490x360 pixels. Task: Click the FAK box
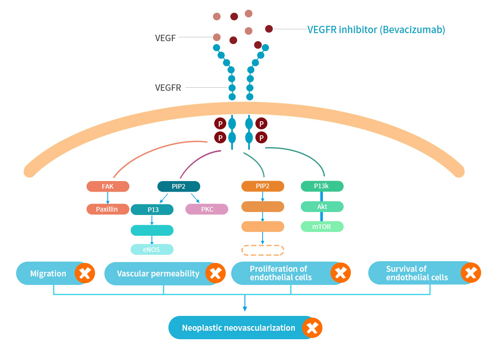(x=108, y=186)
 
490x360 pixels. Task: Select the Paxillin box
(x=108, y=209)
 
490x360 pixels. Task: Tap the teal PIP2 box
(x=179, y=186)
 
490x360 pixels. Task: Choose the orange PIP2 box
(x=263, y=186)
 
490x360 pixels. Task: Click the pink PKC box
(x=207, y=209)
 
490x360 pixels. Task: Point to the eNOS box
(x=152, y=249)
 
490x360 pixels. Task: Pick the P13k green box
(x=322, y=186)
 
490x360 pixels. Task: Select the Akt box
(x=322, y=207)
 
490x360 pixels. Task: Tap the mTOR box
(x=322, y=226)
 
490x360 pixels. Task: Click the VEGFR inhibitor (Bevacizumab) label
(x=376, y=30)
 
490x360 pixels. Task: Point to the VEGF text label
(x=165, y=38)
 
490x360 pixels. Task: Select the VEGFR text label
(x=168, y=88)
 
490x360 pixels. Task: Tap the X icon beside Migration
(x=85, y=273)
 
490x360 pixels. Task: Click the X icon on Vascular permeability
(x=215, y=273)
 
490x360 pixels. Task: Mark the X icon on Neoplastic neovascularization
(x=312, y=328)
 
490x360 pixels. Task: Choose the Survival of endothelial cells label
(x=417, y=273)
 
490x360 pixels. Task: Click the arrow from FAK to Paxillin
(x=108, y=198)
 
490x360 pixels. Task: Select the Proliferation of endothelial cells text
(x=280, y=273)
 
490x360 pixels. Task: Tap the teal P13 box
(x=152, y=209)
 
